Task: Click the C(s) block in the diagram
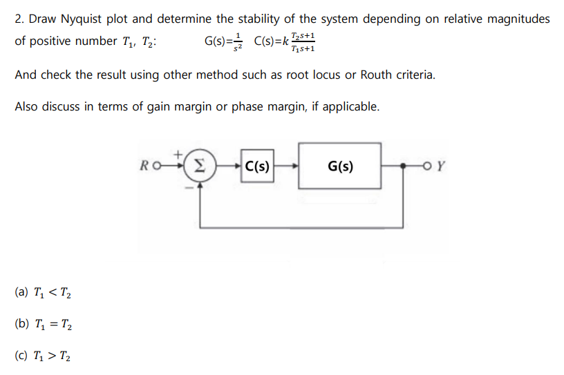(257, 166)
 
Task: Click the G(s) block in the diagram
(339, 166)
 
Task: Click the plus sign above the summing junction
(182, 153)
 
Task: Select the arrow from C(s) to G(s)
(286, 166)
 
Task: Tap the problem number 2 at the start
(19, 19)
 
